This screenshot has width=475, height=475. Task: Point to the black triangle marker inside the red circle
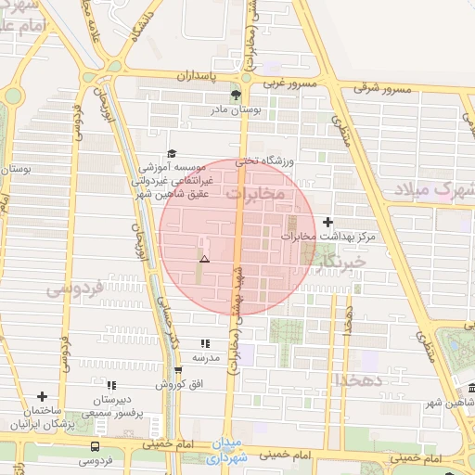click(204, 260)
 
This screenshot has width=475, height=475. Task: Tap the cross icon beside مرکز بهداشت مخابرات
click(327, 222)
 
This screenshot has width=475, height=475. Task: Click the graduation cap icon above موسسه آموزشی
click(171, 153)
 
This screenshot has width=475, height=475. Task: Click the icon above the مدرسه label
click(205, 343)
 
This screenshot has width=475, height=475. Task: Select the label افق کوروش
click(172, 383)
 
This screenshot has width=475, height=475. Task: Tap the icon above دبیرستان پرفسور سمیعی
click(110, 384)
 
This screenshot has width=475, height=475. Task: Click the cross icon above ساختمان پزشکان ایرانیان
click(41, 396)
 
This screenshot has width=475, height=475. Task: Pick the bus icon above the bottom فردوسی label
click(94, 445)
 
